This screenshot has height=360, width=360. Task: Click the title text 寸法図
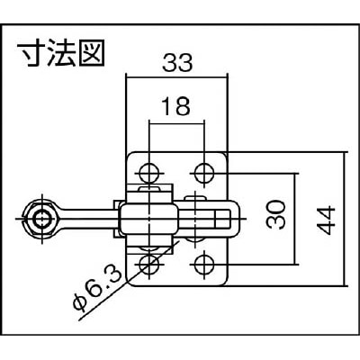click(60, 55)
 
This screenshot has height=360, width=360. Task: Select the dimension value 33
click(177, 63)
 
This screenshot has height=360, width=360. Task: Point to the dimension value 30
click(276, 215)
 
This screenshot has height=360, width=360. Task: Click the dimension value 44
click(326, 220)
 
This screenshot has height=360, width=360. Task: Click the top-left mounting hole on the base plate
click(149, 173)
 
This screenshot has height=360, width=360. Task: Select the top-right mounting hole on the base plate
click(204, 173)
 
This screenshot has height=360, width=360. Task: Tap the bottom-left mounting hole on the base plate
click(149, 265)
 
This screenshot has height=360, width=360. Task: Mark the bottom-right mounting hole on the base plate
click(204, 265)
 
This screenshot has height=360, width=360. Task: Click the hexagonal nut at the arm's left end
click(41, 219)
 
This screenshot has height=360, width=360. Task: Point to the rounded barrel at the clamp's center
click(148, 219)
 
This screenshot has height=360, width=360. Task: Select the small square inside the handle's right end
click(222, 219)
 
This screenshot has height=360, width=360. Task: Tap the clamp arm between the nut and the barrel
click(87, 219)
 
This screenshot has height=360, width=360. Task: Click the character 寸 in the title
click(31, 55)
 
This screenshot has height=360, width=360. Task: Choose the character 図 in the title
click(91, 55)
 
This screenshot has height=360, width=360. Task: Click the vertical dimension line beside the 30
click(295, 219)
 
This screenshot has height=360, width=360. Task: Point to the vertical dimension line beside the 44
click(344, 219)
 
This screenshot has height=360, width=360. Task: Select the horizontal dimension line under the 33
click(177, 77)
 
